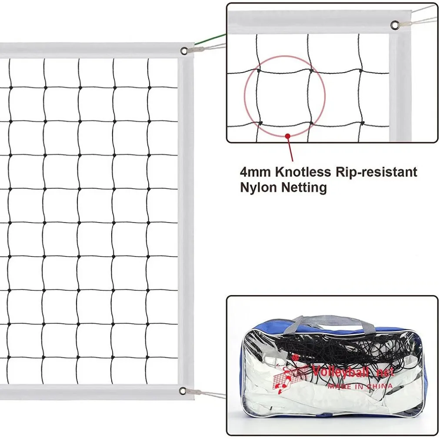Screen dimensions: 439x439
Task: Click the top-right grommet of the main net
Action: (184, 51)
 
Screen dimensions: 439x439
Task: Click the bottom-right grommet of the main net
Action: (183, 391)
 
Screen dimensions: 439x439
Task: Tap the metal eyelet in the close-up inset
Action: (395, 25)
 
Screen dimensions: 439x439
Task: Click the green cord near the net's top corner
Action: (210, 39)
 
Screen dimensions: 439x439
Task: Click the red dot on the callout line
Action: (288, 136)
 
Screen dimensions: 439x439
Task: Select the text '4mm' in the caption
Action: (255, 172)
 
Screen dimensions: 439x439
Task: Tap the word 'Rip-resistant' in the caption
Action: (376, 172)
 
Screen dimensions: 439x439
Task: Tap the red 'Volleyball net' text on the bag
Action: (353, 371)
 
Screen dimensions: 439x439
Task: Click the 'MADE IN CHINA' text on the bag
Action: (360, 386)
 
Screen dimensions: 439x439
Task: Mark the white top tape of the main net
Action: (97, 50)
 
